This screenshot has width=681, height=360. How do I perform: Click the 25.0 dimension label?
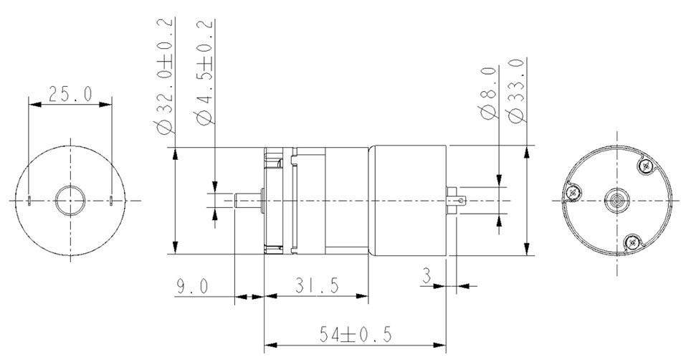(70, 94)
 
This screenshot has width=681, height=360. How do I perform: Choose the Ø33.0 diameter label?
(514, 92)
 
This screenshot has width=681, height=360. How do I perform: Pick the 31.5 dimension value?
(315, 286)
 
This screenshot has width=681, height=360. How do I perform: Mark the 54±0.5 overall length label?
(355, 334)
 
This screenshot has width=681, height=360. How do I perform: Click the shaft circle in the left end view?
(70, 199)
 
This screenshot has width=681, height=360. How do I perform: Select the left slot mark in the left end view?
(29, 199)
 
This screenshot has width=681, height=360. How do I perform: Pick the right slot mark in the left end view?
(113, 199)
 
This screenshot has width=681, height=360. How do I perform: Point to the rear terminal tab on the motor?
(456, 200)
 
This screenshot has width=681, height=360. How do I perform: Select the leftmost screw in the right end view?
(574, 191)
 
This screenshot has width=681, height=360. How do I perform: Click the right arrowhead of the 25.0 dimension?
(108, 105)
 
